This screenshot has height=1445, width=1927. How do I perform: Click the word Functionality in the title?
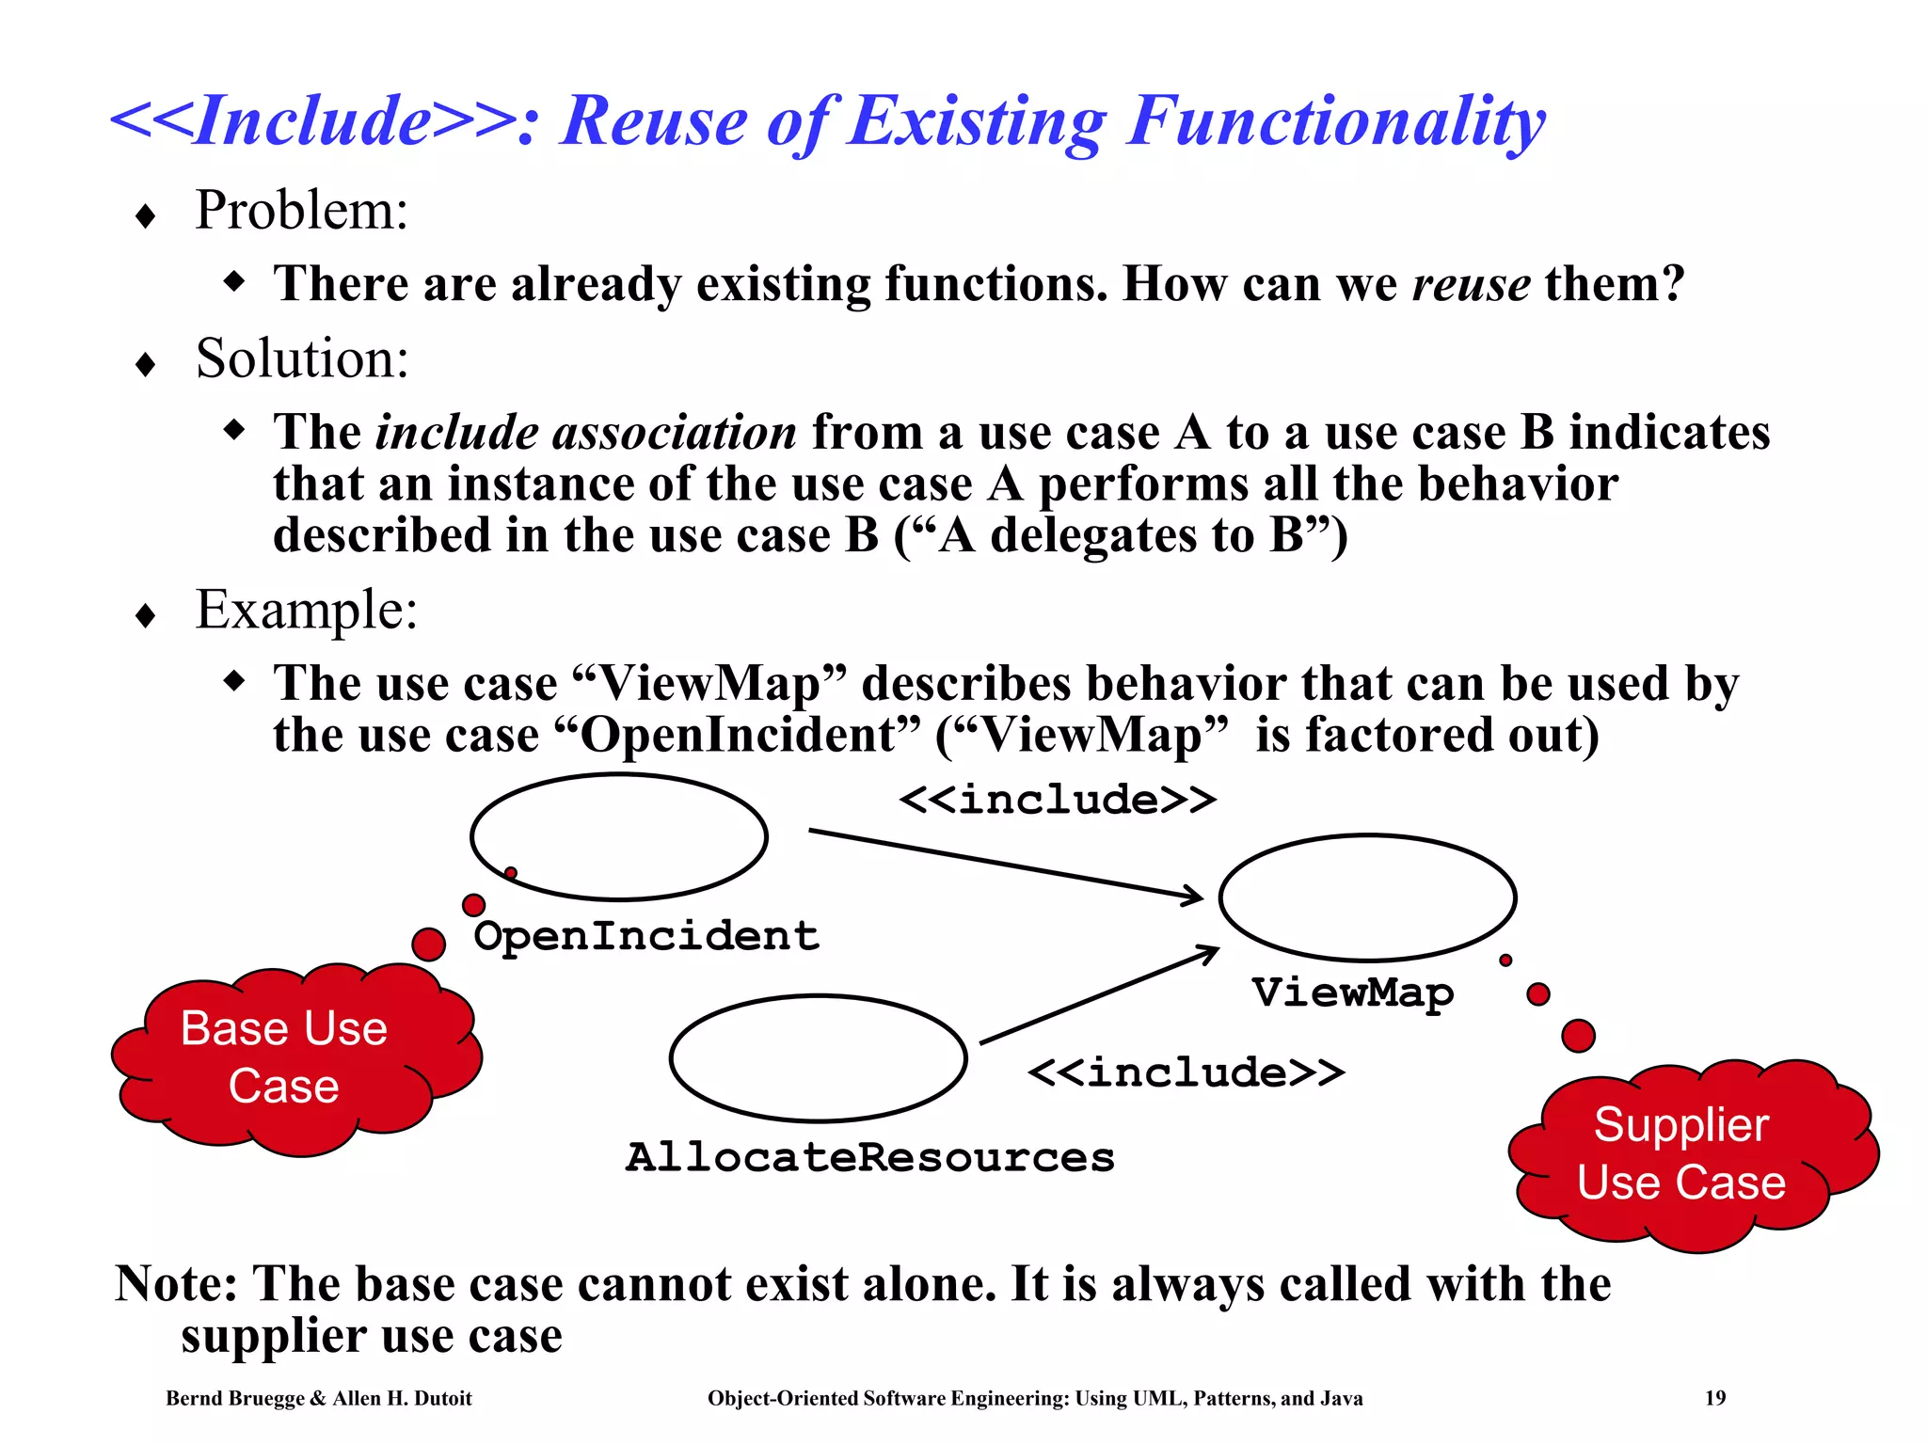(x=1336, y=122)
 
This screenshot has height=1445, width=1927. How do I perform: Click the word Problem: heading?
(x=301, y=211)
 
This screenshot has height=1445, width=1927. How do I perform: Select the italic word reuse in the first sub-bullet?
(x=1471, y=284)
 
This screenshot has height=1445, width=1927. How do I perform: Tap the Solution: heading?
(x=302, y=359)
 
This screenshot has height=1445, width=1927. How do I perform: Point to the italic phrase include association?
(x=585, y=433)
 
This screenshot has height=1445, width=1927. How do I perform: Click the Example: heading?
(x=306, y=611)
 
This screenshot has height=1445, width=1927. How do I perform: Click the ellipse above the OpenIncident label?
(x=619, y=836)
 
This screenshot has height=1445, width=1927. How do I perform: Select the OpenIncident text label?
(x=646, y=936)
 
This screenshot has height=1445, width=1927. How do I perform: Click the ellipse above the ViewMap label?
(x=1367, y=897)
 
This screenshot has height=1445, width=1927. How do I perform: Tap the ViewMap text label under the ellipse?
(x=1352, y=992)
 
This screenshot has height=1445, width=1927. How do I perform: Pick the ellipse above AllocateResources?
(x=818, y=1058)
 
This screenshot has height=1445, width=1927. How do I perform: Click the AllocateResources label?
(x=869, y=1158)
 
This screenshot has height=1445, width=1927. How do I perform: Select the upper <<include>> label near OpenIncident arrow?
(x=1058, y=801)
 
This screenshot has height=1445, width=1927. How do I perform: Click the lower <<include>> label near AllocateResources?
(x=1186, y=1073)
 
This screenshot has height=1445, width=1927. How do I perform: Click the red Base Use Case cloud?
(x=292, y=1058)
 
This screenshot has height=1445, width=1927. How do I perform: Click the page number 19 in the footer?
(x=1714, y=1398)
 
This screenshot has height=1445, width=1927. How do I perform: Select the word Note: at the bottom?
(x=176, y=1284)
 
